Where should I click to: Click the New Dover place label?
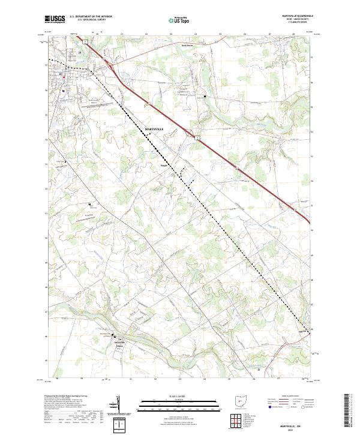(x=190, y=45)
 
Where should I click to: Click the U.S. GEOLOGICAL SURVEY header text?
(x=85, y=21)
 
